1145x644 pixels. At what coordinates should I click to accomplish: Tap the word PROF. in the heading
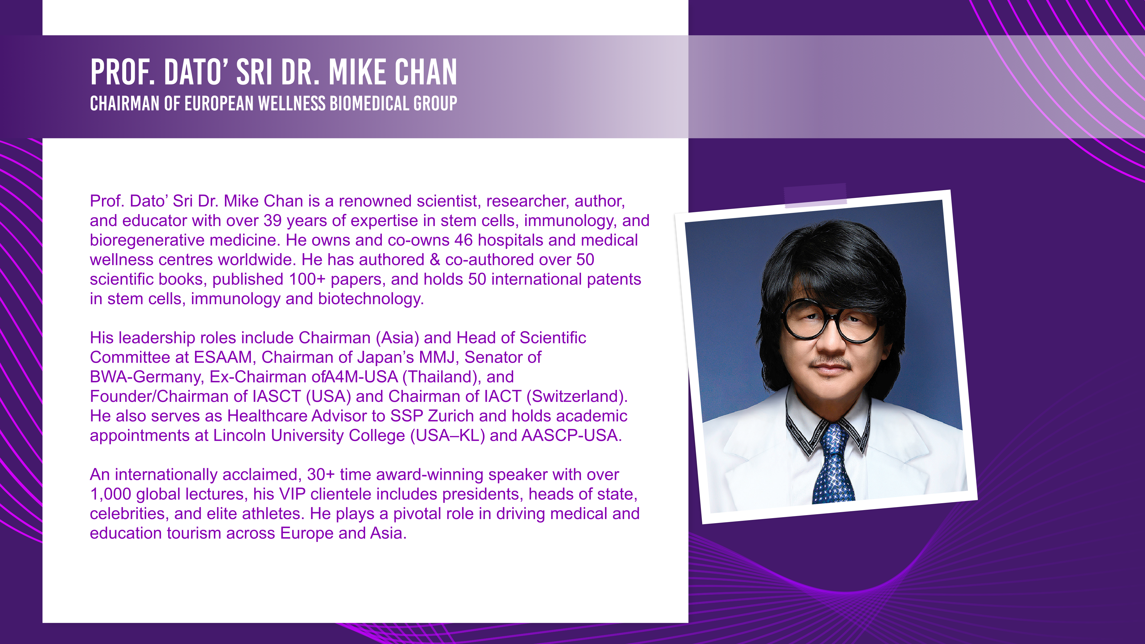tap(123, 72)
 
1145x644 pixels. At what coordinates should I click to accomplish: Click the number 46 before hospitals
tap(464, 240)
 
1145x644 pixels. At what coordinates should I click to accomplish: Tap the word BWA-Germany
tap(147, 377)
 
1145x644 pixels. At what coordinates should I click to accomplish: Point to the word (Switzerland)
tap(577, 396)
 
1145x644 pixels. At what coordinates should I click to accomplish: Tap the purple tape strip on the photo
tap(815, 196)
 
